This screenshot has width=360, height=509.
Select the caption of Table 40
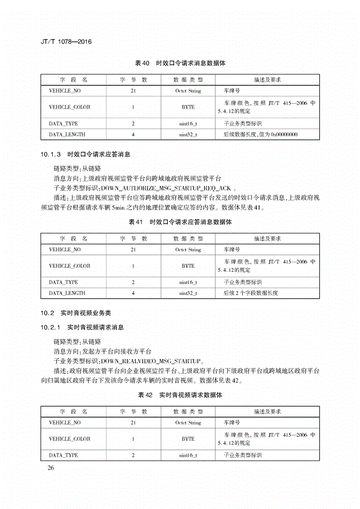tap(180, 63)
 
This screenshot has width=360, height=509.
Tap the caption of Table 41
tap(180, 222)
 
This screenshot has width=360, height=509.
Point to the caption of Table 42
tap(180, 395)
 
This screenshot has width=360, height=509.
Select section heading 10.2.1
tap(82, 327)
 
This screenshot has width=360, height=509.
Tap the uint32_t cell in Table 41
tap(188, 293)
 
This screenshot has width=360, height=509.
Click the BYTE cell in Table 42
tap(188, 439)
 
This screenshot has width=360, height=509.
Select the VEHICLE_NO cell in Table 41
tap(65, 250)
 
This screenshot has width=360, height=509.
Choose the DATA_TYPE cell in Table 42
tap(63, 455)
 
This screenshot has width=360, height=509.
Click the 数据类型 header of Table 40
tap(188, 80)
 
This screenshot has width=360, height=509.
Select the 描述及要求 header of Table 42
tap(267, 411)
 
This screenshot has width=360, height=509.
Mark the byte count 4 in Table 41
tap(133, 293)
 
